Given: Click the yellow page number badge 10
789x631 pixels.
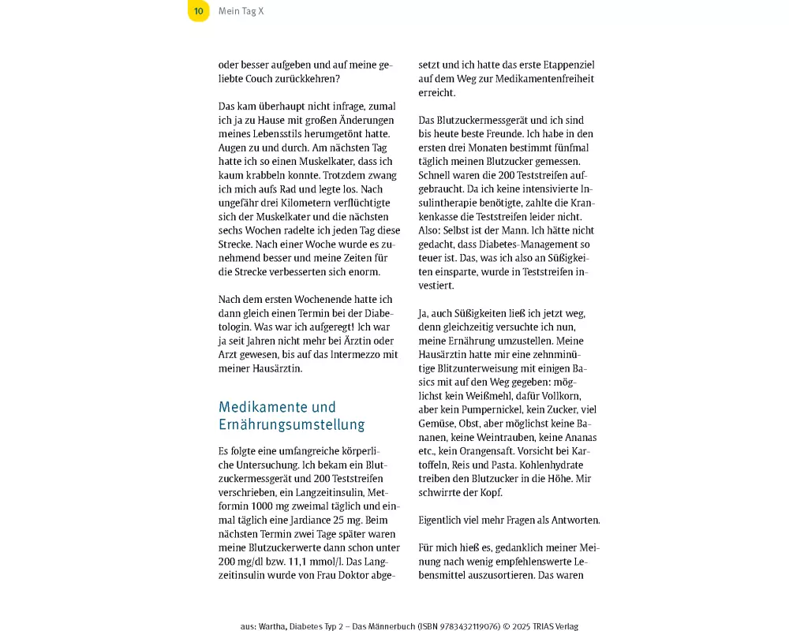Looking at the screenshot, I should pyautogui.click(x=199, y=11).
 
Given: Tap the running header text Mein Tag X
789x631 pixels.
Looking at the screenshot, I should pyautogui.click(x=241, y=11).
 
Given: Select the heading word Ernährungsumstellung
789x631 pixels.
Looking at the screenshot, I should pyautogui.click(x=291, y=425).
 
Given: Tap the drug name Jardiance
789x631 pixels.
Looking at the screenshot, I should pyautogui.click(x=315, y=520).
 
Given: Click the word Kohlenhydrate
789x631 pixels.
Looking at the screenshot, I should pyautogui.click(x=553, y=465).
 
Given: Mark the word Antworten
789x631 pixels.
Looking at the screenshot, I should pyautogui.click(x=571, y=520).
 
